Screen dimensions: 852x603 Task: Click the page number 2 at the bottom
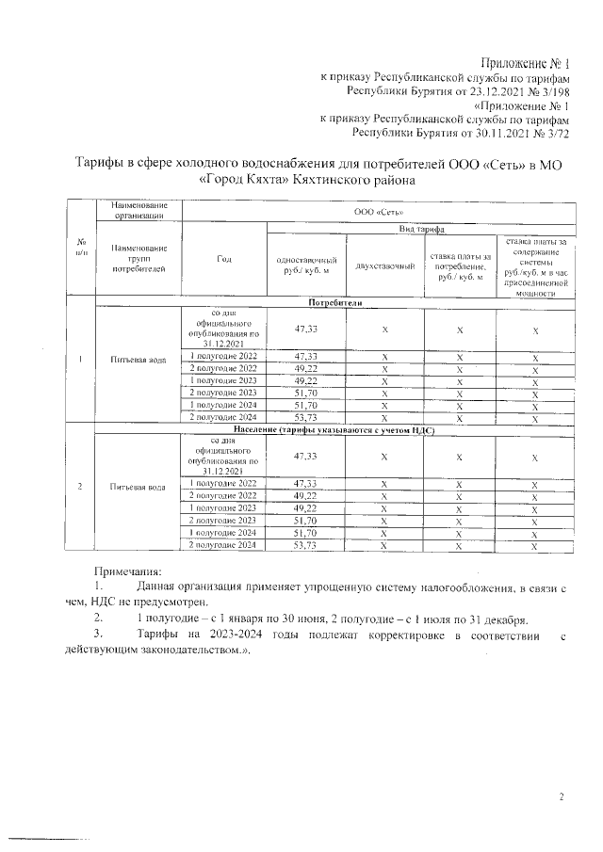click(562, 798)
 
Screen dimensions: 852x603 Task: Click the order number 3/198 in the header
click(550, 92)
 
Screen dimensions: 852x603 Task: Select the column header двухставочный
click(384, 266)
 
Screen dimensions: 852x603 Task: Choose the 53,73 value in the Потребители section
click(304, 417)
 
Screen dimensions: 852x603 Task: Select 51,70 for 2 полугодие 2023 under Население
click(304, 520)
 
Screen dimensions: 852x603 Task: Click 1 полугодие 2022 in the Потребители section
click(223, 357)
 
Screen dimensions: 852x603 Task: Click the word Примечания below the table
click(128, 571)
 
